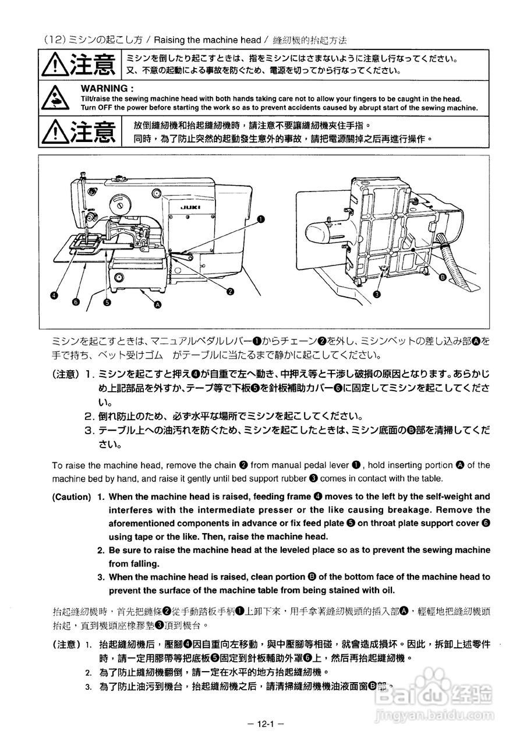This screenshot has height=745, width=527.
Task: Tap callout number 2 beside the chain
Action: (231, 291)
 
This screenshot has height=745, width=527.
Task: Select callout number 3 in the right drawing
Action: (376, 295)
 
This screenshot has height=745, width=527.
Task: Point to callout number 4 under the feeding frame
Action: (54, 295)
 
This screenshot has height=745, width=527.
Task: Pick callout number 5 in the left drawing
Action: (107, 302)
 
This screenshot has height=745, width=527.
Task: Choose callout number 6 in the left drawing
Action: (76, 302)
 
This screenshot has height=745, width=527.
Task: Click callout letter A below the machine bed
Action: (157, 304)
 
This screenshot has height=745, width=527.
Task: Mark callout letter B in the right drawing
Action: (443, 278)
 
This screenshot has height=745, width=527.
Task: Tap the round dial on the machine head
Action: (119, 204)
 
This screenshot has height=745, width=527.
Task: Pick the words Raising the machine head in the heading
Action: (208, 40)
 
